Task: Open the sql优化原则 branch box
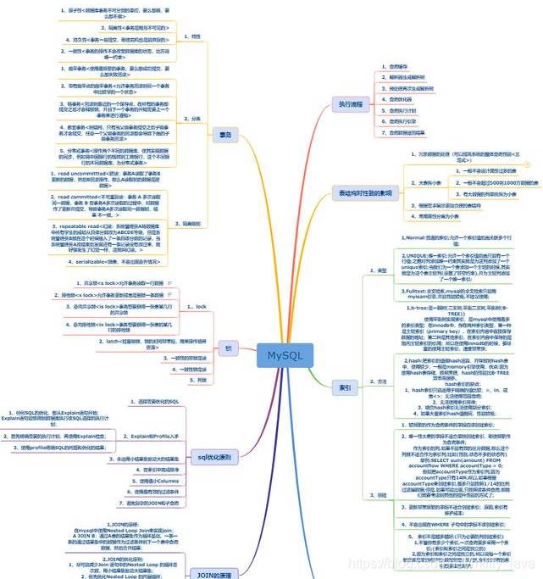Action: [215, 457]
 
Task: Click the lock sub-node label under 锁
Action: [200, 306]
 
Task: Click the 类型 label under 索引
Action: [381, 270]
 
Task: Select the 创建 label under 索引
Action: [381, 494]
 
